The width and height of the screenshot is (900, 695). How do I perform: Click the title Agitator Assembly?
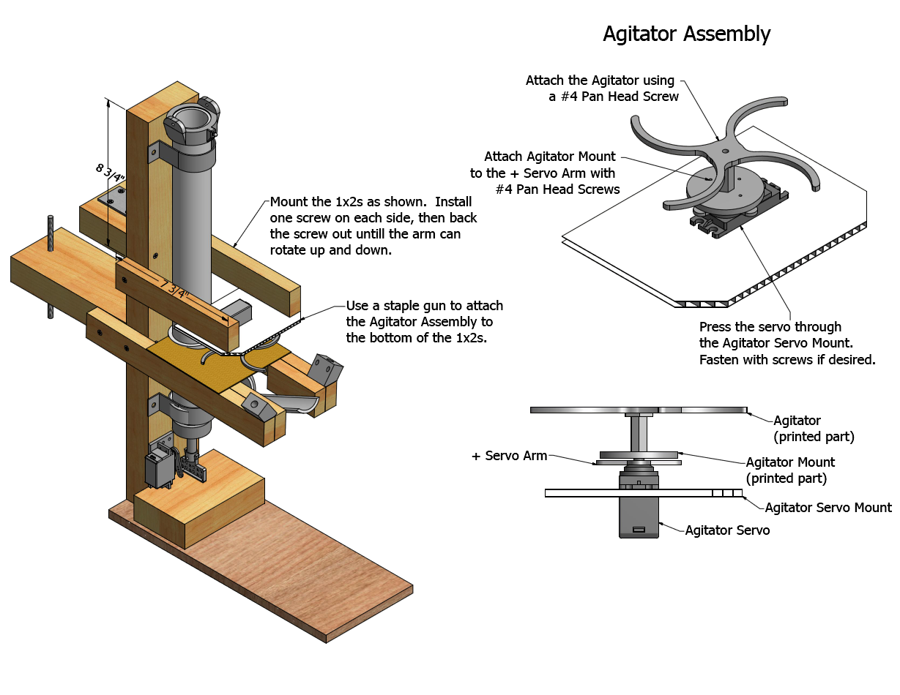coord(686,34)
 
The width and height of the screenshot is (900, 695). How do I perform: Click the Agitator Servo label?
coord(727,530)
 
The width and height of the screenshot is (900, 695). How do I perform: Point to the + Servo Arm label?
coord(509,456)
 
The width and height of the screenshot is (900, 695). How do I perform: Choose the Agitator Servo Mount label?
coord(828,507)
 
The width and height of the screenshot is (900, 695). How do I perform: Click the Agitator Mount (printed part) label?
coord(789,470)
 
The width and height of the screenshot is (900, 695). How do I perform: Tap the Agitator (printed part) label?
coord(813,428)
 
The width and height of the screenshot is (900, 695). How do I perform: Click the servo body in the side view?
coord(639,517)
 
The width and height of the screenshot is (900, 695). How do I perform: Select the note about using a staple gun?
coord(424,322)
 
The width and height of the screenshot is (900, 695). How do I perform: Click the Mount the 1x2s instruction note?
coord(373,225)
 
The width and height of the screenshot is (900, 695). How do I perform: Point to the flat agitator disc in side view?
coord(637,410)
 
